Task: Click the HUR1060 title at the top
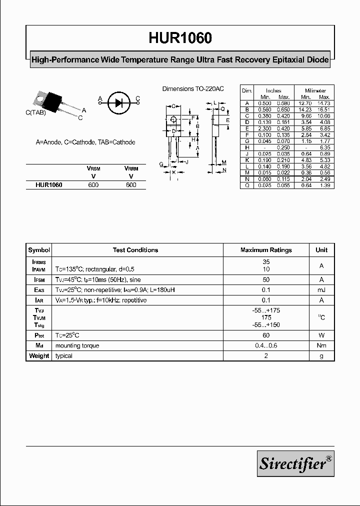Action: pos(180,38)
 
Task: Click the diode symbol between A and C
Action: pos(119,103)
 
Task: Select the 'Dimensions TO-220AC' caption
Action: pos(192,88)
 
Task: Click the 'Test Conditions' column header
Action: pos(135,250)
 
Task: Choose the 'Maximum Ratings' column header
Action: pos(266,250)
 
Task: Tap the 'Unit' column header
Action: pos(321,250)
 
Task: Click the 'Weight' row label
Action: pos(39,356)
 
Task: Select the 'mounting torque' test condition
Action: pos(77,346)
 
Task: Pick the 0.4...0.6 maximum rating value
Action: pos(266,346)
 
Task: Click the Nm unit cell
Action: pos(321,346)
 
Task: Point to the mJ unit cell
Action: pos(321,290)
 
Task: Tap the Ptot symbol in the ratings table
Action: pos(39,335)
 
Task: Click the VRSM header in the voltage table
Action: pos(93,169)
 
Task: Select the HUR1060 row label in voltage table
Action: pos(49,185)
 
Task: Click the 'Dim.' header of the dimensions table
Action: pos(247,90)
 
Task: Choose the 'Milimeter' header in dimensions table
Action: pos(316,90)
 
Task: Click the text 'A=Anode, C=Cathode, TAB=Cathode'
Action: pos(85,142)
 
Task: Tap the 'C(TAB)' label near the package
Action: pos(36,113)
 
